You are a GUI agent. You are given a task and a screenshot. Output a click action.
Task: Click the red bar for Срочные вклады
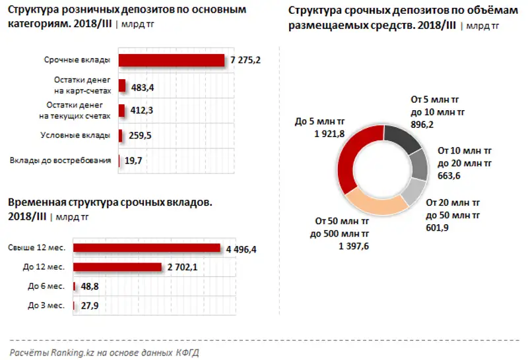click(x=172, y=60)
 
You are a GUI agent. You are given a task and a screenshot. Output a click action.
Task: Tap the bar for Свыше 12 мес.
click(x=147, y=248)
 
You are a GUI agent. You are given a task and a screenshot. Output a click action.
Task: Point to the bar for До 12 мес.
click(x=117, y=267)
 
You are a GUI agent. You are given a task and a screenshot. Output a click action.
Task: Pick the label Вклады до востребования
click(x=60, y=160)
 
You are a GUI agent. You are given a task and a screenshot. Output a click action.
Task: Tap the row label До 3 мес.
click(x=46, y=305)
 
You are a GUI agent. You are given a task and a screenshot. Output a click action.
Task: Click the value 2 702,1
click(x=183, y=268)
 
